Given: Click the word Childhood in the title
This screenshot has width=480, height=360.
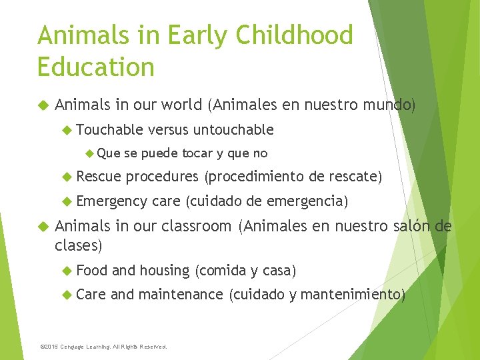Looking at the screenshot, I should [291, 36].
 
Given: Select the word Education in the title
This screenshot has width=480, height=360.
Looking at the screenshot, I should [96, 67].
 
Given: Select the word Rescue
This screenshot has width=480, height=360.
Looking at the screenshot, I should [99, 177].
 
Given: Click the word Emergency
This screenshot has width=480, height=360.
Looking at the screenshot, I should [112, 201].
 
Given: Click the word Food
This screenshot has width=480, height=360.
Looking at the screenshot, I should [92, 270].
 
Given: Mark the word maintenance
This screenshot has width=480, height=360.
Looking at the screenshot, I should [180, 294].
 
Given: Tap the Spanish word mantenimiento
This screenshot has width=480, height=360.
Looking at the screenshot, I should [353, 294].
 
